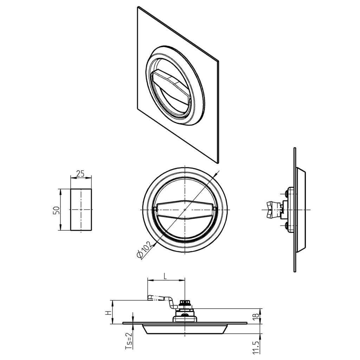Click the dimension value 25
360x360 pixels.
81,173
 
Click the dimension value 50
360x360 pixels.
56,210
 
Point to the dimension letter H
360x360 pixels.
108,312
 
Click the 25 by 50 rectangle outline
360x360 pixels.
81,210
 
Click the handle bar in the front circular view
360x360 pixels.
185,210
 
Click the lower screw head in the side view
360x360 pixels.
287,225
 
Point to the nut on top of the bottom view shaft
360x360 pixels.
185,303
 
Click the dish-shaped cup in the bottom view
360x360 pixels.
185,330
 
